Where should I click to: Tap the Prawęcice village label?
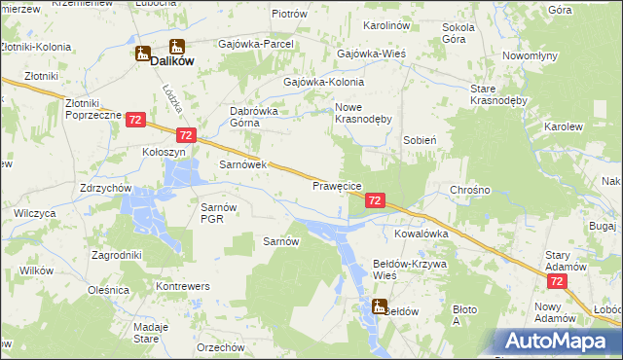point(337,185)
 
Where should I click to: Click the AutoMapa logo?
point(563,342)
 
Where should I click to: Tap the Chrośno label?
point(470,190)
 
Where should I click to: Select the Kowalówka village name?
point(421,234)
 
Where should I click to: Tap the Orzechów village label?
point(220,347)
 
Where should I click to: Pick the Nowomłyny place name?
point(530,56)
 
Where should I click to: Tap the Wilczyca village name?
point(35,212)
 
